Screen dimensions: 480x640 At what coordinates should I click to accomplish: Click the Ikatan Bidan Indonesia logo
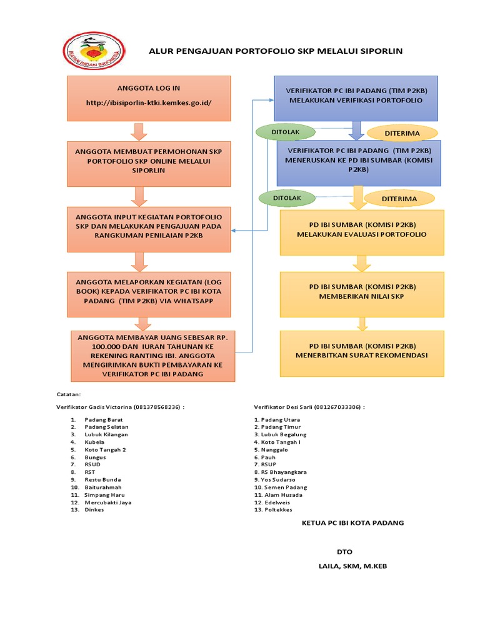coord(94,51)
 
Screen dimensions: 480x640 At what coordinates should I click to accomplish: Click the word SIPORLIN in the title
coord(379,51)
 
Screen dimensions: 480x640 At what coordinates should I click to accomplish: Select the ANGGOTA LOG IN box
coord(149,98)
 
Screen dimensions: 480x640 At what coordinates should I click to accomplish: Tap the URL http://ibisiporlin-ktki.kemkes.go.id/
coord(149,103)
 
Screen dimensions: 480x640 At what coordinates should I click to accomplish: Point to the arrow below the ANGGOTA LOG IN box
coord(139,131)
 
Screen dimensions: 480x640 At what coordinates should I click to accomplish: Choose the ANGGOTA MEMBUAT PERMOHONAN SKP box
coord(149,164)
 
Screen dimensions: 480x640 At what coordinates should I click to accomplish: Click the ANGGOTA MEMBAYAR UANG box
coord(153,356)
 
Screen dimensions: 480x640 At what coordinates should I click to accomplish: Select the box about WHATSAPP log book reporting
coord(149,294)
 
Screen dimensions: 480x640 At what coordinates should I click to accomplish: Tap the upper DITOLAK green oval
coord(286,132)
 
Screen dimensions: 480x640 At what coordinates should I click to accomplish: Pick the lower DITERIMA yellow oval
coord(399,199)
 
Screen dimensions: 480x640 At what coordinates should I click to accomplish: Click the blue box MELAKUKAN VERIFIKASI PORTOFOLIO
coord(356,98)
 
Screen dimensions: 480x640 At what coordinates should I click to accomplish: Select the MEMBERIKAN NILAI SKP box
coord(362,294)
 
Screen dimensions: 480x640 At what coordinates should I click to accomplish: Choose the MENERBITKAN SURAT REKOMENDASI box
coord(362,354)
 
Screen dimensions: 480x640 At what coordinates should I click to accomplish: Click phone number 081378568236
coord(157,407)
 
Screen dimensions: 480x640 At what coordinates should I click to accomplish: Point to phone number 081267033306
coord(337,407)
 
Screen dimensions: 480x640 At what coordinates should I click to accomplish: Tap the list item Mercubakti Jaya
coord(108,502)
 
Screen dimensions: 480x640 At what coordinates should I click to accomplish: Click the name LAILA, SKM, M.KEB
coord(353,566)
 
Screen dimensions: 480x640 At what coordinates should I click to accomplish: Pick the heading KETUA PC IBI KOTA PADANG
coord(353,523)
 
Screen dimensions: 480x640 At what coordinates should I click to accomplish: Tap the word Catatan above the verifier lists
coord(69,394)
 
